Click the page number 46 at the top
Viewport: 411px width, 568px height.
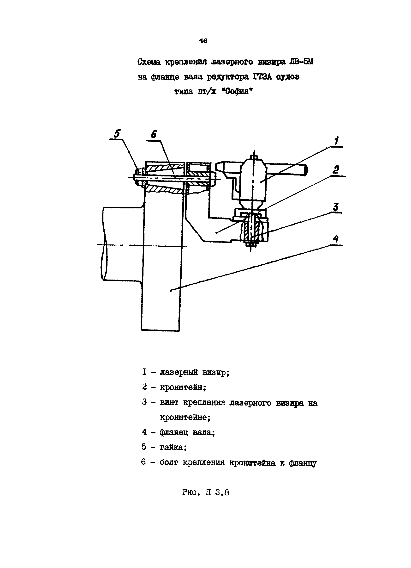pos(203,41)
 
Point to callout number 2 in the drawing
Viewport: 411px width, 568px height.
pos(335,170)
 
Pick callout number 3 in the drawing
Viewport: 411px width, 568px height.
pos(335,207)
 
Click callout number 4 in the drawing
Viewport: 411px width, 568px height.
pos(335,239)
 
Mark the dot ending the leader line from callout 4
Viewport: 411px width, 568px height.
pos(171,291)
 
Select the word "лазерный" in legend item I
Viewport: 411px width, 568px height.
pos(179,373)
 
